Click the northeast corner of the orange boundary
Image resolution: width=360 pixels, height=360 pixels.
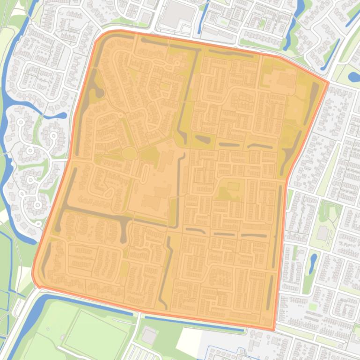[x=328, y=83]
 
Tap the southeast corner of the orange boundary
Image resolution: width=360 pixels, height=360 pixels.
[x=274, y=330]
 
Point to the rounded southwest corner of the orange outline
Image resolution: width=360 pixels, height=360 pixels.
[x=35, y=279]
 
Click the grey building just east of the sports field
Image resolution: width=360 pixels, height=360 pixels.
[x=149, y=336]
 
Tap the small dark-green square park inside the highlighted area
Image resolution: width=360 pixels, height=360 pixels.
[x=233, y=186]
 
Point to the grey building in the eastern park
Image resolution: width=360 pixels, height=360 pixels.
[x=322, y=233]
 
